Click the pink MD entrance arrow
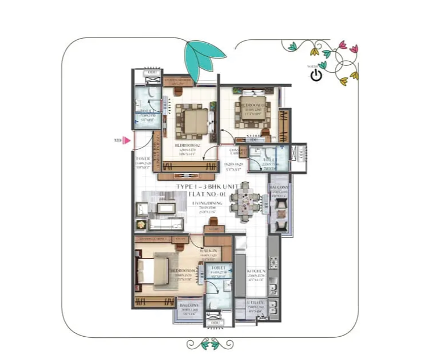tap(128, 140)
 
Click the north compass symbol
tap(317, 73)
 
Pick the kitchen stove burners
tap(273, 264)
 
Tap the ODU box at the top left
tap(152, 73)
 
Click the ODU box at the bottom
tap(216, 323)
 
